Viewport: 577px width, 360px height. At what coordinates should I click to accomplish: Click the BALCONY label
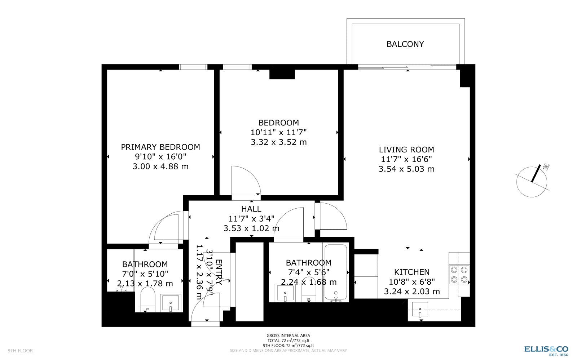405,44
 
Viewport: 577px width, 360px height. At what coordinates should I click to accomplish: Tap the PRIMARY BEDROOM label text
160,147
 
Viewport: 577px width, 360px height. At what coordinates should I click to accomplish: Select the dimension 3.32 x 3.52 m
278,142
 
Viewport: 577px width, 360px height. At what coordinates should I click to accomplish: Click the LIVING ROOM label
406,150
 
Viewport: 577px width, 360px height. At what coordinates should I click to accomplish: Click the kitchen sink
420,309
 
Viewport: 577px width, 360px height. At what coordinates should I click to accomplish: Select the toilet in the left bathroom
147,299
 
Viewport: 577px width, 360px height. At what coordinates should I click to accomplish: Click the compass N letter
546,167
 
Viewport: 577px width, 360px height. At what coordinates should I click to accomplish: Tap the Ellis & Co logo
546,349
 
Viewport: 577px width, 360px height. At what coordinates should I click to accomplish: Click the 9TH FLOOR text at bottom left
20,351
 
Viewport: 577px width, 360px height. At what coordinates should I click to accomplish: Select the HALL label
251,209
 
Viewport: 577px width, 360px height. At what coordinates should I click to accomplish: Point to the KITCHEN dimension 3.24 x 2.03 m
411,292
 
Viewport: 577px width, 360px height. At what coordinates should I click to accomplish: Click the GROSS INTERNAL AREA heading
288,335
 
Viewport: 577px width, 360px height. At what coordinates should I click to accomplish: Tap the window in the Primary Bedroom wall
193,67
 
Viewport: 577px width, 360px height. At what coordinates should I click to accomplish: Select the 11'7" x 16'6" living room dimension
406,159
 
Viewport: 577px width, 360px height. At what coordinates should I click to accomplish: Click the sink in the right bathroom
285,293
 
